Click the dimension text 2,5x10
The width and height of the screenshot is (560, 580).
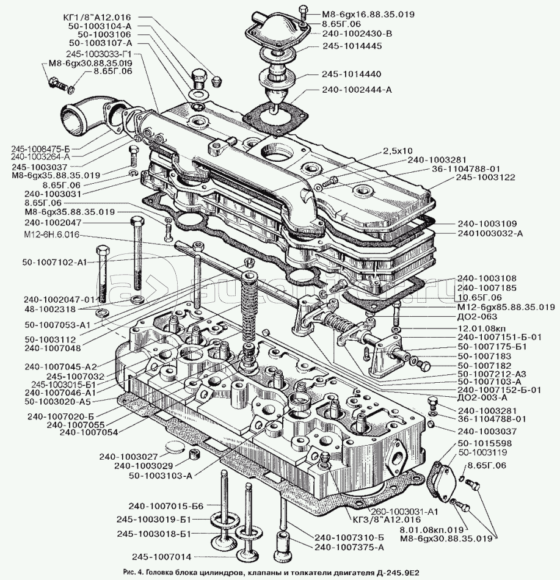pyautogui.click(x=398, y=150)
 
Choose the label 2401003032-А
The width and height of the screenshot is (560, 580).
pyautogui.click(x=489, y=233)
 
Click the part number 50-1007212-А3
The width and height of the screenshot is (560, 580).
pyautogui.click(x=491, y=373)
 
